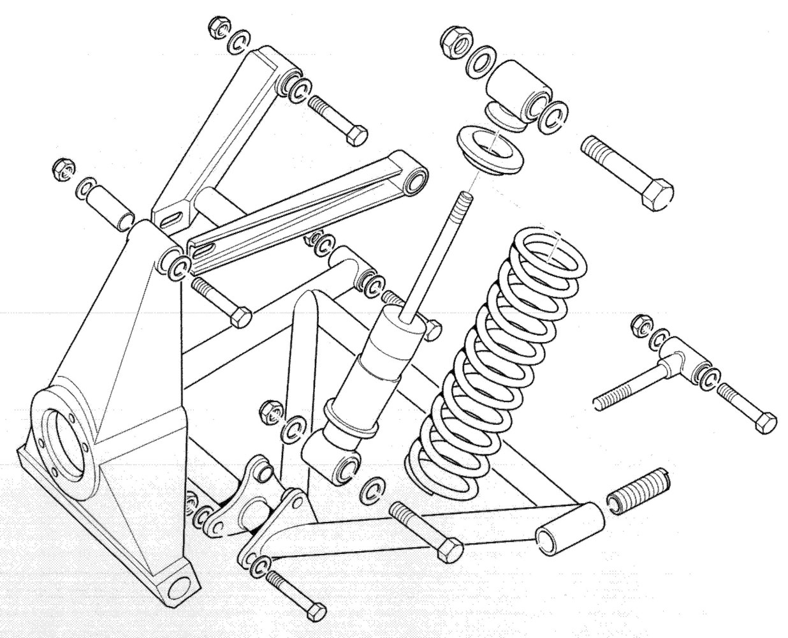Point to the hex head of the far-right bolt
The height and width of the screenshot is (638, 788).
(x=764, y=423)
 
